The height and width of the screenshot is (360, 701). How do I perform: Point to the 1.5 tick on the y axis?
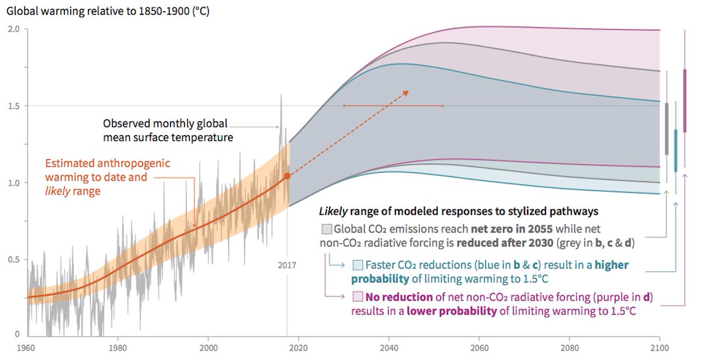pos(13,106)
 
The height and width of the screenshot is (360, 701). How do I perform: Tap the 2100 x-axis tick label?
pos(660,347)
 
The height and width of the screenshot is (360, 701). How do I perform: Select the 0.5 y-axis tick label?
pos(13,259)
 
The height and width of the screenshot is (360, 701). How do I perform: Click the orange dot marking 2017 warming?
pos(287,175)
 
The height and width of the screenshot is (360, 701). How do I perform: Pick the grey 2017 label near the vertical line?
pos(286,265)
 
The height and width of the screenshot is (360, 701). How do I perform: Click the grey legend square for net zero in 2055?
pos(327,228)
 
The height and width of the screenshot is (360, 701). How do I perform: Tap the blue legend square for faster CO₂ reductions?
pos(358,265)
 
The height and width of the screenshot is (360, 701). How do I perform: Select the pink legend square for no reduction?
pos(358,298)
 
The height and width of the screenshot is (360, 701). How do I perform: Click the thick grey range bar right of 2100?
pos(667,129)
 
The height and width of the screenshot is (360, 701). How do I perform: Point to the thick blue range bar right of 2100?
pos(676,150)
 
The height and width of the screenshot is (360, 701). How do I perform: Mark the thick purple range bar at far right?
pos(685,101)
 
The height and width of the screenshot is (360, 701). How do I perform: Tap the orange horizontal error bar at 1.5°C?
pos(393,105)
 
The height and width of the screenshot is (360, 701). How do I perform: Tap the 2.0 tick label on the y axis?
pos(13,29)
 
